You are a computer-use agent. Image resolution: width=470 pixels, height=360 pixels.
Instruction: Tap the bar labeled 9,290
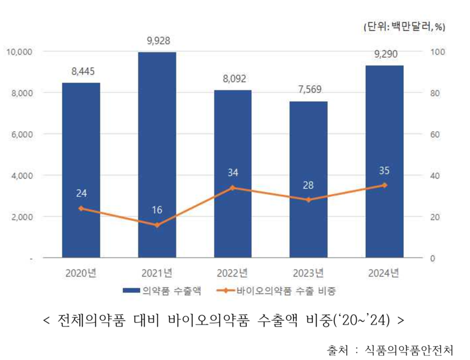[384, 161]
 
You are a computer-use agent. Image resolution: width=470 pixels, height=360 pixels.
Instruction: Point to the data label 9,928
[157, 41]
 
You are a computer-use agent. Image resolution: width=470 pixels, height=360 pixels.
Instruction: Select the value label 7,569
[308, 90]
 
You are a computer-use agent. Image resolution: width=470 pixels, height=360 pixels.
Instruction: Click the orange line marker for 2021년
[157, 225]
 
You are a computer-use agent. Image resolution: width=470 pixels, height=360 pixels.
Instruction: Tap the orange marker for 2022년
[233, 187]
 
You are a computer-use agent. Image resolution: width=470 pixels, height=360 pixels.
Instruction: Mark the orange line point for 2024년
[384, 185]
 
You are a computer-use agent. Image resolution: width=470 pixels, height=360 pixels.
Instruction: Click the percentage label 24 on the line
[81, 194]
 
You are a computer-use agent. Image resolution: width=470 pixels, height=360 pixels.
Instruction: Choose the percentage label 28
[308, 185]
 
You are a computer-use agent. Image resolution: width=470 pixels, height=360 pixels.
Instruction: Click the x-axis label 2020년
[81, 272]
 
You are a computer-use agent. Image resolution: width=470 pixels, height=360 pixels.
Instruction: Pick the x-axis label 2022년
[233, 272]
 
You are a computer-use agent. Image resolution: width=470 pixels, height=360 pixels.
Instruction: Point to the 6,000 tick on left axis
[19, 134]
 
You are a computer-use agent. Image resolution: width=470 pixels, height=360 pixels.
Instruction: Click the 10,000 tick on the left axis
[18, 51]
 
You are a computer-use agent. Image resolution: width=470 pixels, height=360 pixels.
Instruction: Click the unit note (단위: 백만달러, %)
[404, 27]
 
